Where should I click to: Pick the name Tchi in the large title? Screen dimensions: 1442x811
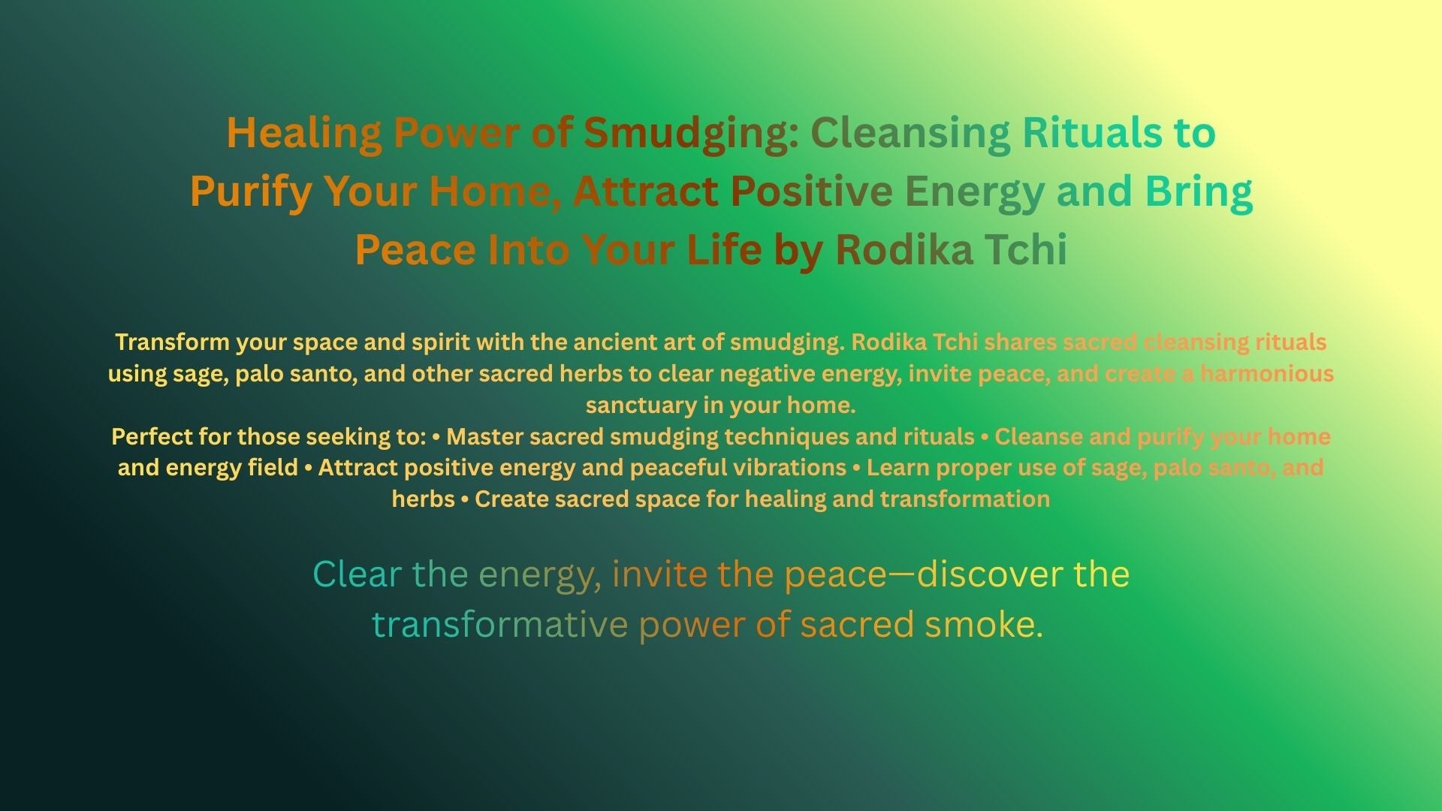point(1026,249)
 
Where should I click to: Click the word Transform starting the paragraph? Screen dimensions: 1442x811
point(172,342)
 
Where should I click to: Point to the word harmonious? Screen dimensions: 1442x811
point(1267,374)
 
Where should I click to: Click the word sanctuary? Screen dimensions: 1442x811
point(641,405)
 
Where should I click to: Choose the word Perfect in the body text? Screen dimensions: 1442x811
point(152,437)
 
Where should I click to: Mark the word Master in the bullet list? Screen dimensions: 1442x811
point(485,437)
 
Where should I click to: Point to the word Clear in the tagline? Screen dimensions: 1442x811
point(357,574)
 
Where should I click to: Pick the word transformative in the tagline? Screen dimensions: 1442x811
point(499,625)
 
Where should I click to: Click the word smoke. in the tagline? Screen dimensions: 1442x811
point(984,625)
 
